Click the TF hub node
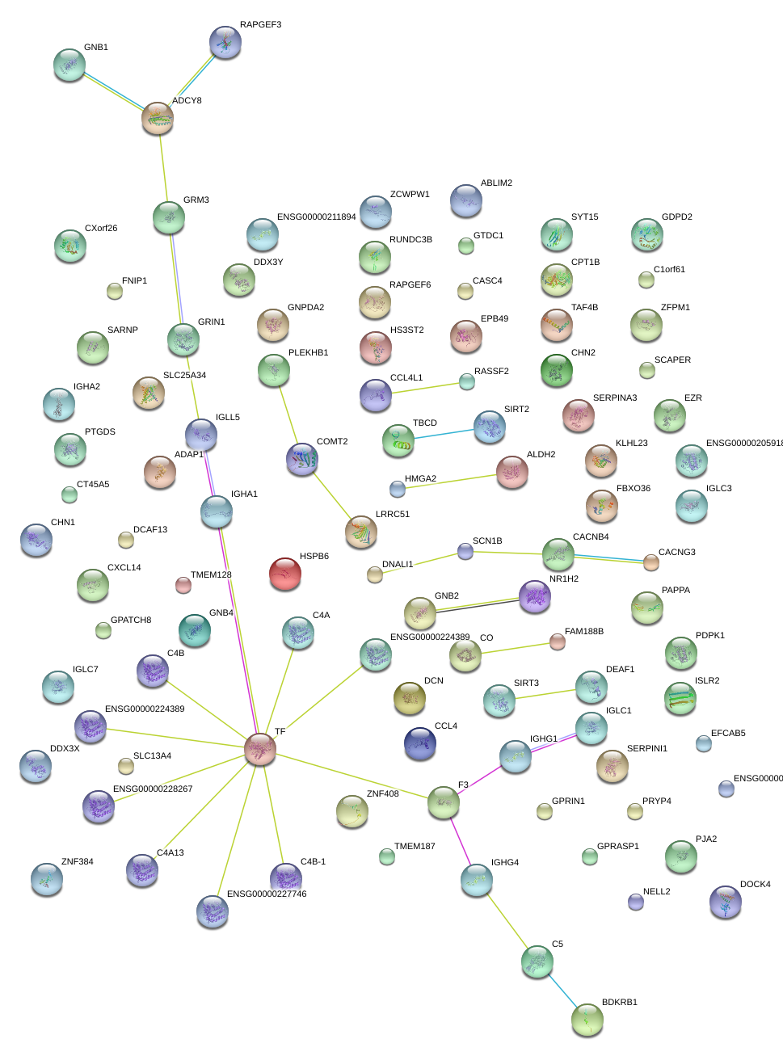point(260,749)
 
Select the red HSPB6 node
point(284,573)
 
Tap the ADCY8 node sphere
point(158,118)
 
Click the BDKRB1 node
point(587,1020)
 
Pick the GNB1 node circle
point(69,65)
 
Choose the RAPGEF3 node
point(225,42)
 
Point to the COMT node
point(302,458)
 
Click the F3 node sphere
point(444,801)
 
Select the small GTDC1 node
point(466,246)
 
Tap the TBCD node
point(398,440)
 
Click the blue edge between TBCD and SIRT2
point(444,433)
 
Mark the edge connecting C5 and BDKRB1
point(562,991)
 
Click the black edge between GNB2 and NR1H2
point(477,605)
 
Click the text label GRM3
point(196,200)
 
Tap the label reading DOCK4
point(756,884)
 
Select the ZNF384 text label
point(78,861)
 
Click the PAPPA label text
point(676,590)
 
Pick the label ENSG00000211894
point(316,217)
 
